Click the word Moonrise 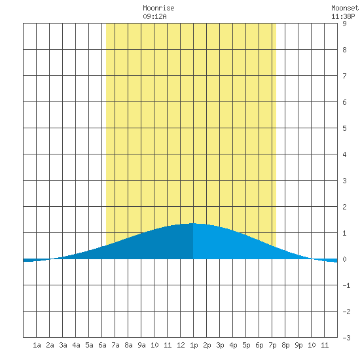pos(158,8)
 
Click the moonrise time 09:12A pos(154,16)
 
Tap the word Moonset pos(345,8)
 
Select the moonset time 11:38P pos(343,16)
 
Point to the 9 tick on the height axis pos(344,24)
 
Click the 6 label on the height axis pos(344,102)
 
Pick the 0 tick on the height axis pos(344,259)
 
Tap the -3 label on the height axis pos(346,338)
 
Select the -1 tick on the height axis pos(346,285)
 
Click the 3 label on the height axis pos(344,181)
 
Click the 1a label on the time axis pos(37,345)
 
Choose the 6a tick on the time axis pos(102,345)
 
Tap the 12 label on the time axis pos(181,345)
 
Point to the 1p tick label pos(194,345)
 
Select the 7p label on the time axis pos(272,345)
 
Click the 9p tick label pos(298,345)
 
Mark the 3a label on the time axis pos(63,345)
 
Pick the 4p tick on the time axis pos(233,345)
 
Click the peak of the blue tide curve pos(193,223)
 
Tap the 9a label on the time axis pos(141,345)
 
